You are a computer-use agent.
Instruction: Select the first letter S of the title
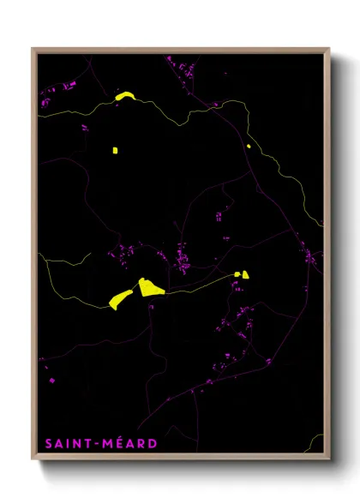[48, 443]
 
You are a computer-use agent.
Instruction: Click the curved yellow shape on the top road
[124, 97]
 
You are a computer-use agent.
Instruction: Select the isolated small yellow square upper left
[114, 151]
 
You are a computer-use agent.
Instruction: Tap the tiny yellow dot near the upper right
[249, 146]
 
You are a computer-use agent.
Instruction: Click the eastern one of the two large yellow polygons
[151, 287]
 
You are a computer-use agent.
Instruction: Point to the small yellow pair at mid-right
[243, 275]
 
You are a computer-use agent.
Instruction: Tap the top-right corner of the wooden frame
[329, 49]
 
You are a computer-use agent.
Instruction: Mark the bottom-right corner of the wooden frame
[329, 461]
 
